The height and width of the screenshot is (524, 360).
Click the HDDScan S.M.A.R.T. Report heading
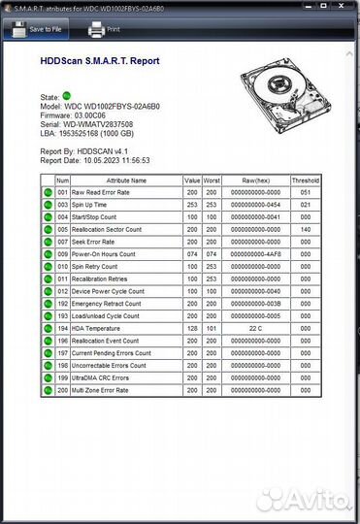[x=100, y=60]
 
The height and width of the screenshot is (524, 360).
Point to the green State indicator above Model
[x=68, y=97]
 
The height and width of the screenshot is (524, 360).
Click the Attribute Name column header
[x=126, y=180]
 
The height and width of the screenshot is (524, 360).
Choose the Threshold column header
[x=305, y=180]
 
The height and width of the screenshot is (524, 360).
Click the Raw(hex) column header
[x=256, y=180]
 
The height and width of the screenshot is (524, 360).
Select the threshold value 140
[x=305, y=230]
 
